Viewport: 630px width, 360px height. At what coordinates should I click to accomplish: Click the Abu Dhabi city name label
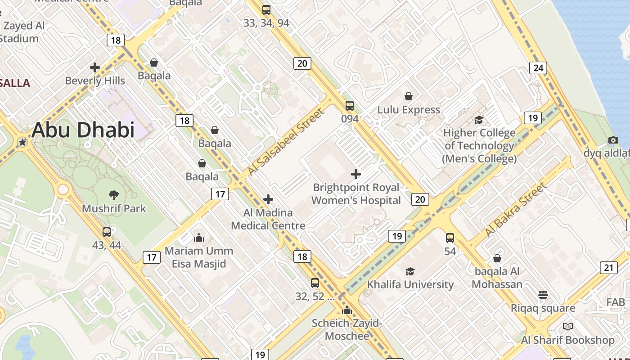(x=83, y=130)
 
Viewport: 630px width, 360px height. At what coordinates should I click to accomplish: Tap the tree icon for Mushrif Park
(x=114, y=195)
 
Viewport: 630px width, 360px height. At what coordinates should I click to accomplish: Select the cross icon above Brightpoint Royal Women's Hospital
(x=356, y=174)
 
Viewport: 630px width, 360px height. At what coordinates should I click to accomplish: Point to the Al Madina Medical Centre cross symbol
(x=268, y=199)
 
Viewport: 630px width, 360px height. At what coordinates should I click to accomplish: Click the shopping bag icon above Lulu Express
(x=409, y=96)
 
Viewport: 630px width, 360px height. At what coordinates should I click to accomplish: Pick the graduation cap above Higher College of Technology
(x=479, y=120)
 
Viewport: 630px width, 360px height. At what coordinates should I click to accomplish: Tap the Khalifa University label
(x=410, y=284)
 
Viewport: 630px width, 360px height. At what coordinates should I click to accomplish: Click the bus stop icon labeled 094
(x=350, y=106)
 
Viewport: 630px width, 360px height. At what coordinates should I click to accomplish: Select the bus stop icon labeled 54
(x=450, y=238)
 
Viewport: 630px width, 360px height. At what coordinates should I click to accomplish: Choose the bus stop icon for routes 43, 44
(x=107, y=232)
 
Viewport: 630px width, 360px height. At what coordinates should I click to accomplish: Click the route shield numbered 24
(x=538, y=68)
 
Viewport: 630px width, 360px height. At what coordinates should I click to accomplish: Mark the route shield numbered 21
(x=608, y=268)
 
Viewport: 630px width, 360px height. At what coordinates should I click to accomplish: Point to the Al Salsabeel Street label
(x=285, y=142)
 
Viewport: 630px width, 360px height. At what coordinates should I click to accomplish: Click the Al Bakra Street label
(x=516, y=210)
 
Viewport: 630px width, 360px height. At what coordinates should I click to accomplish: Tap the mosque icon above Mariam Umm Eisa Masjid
(x=199, y=237)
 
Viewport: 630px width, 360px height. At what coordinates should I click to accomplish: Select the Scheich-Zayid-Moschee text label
(x=347, y=329)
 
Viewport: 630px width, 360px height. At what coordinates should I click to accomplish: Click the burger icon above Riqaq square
(x=543, y=295)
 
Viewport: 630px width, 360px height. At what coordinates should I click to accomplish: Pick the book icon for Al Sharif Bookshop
(x=568, y=326)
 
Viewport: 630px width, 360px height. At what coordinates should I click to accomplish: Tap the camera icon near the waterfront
(x=613, y=140)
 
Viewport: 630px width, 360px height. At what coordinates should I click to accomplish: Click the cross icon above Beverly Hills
(x=95, y=67)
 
